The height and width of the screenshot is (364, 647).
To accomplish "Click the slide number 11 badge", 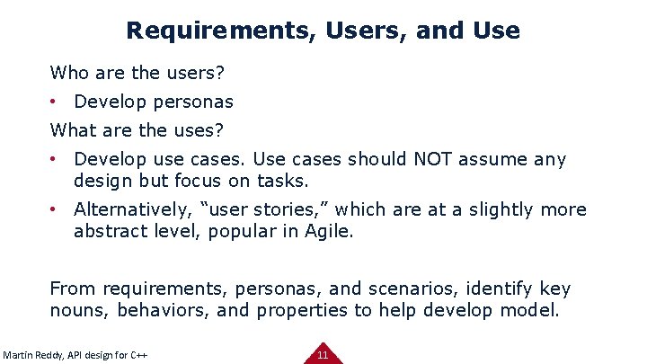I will (323, 354).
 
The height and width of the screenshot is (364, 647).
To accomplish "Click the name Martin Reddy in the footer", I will (35, 355).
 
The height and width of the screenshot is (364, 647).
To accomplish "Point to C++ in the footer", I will (137, 355).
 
